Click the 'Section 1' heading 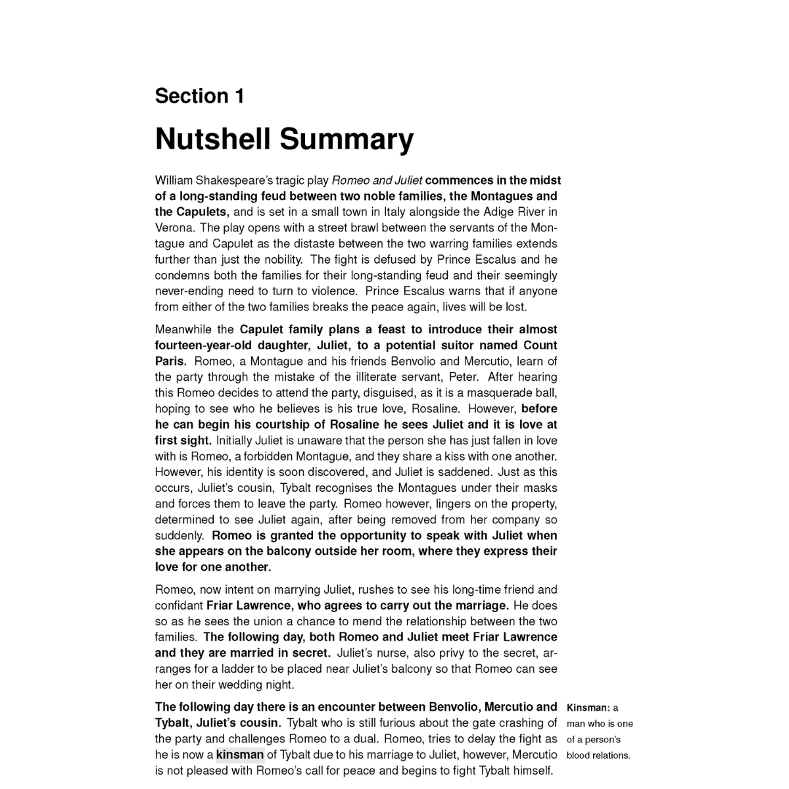[x=199, y=96]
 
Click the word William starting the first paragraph [x=174, y=180]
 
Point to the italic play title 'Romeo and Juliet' [x=377, y=180]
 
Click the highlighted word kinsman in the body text [x=239, y=755]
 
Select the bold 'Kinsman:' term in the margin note [x=588, y=708]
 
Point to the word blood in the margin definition [x=578, y=755]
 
